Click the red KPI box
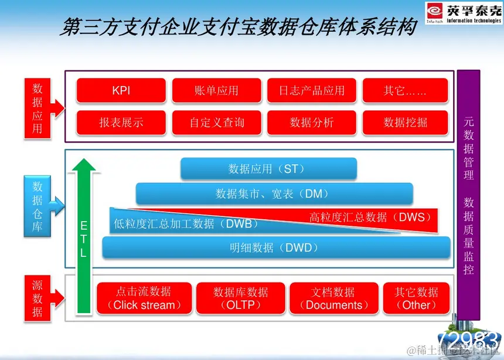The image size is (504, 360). coord(121,91)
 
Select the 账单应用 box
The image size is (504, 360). coord(216,91)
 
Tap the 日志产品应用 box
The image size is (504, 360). coord(311,91)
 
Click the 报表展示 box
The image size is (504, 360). coord(121,123)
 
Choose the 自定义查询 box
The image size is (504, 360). coord(216,123)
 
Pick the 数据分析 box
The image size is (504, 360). coord(311,123)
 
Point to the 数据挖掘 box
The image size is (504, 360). coord(405,123)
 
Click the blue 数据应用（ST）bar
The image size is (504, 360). coord(268,169)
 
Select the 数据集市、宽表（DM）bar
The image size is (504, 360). coord(274,193)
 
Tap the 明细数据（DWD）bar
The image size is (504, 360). coord(275,247)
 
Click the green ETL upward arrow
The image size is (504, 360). coord(84,235)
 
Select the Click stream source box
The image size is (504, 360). coord(144,298)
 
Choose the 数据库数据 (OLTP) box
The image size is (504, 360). coord(240,298)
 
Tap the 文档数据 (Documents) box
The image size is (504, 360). coord(333,298)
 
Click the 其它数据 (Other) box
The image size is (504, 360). coord(416,298)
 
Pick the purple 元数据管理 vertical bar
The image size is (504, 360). coord(468,193)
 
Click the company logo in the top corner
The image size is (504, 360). coord(463,13)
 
